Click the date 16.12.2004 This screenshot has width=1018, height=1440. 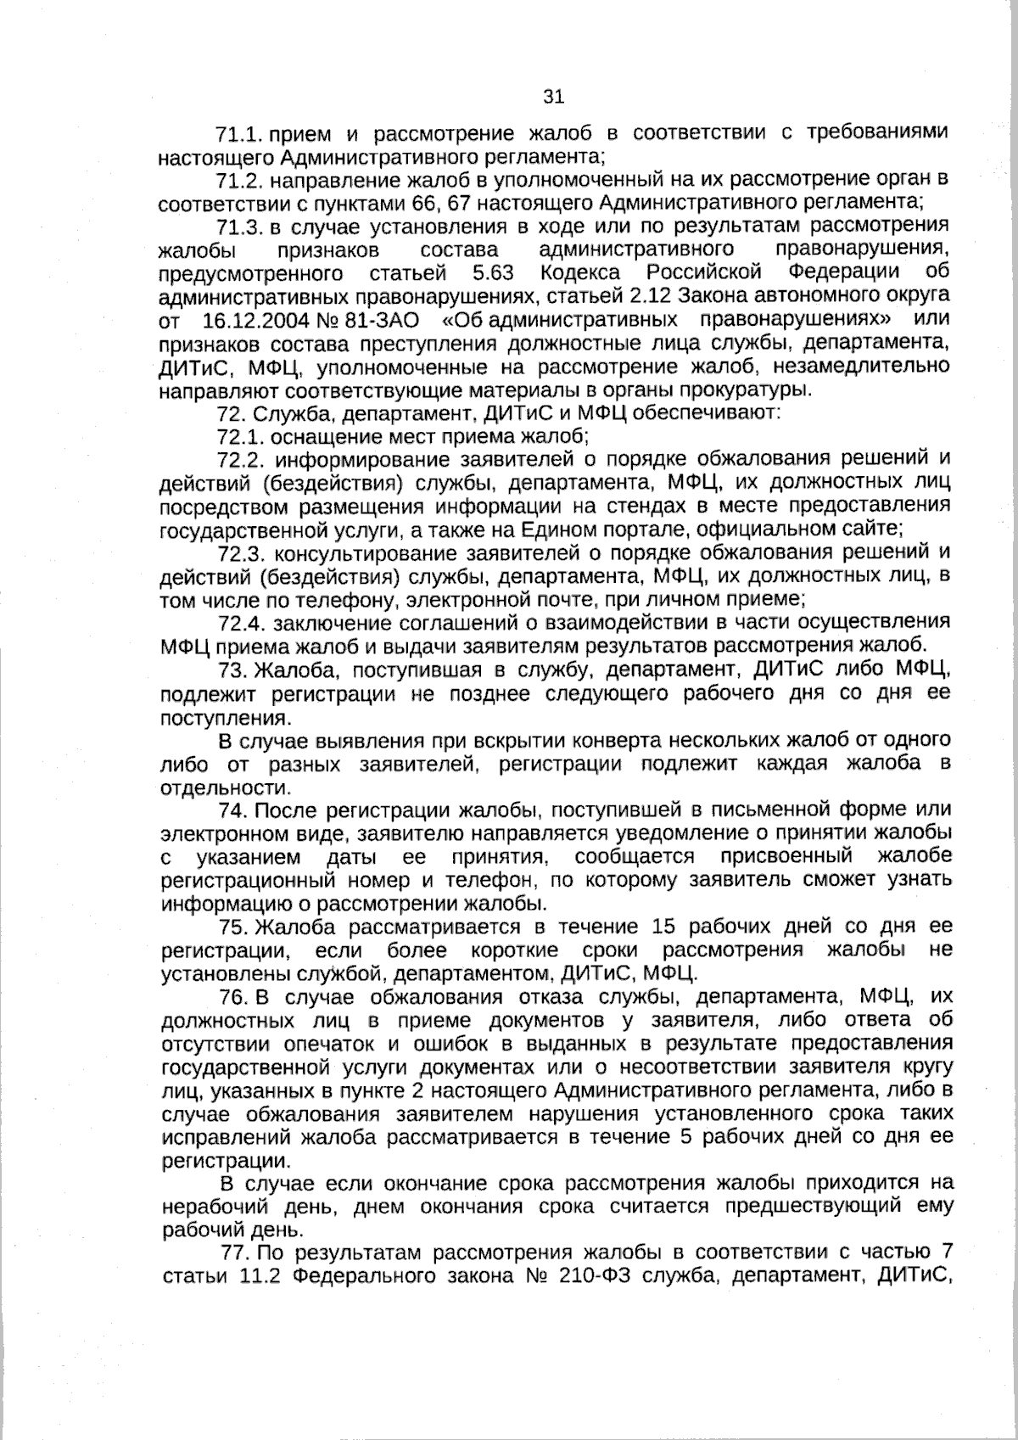coord(255,321)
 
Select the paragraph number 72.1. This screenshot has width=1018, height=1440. coord(243,437)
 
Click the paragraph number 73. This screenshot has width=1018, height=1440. coord(232,670)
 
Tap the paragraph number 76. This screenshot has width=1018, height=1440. coord(232,996)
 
